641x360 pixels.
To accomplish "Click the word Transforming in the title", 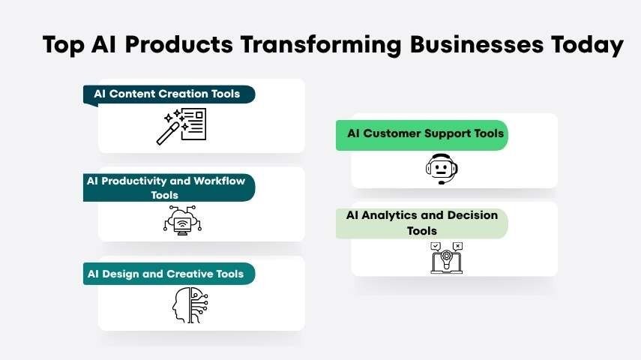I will tap(322, 44).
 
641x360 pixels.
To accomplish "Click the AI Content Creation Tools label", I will tap(167, 94).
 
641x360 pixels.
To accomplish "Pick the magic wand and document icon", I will tap(181, 125).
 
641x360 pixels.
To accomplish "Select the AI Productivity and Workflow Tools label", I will tap(166, 187).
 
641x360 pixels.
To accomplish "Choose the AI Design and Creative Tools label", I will tap(166, 274).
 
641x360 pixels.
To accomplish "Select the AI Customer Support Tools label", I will tap(425, 133).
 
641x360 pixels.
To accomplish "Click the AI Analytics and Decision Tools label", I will tap(421, 223).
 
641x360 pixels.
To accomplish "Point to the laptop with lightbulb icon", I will tap(446, 257).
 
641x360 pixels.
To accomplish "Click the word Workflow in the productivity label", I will tap(220, 181).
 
